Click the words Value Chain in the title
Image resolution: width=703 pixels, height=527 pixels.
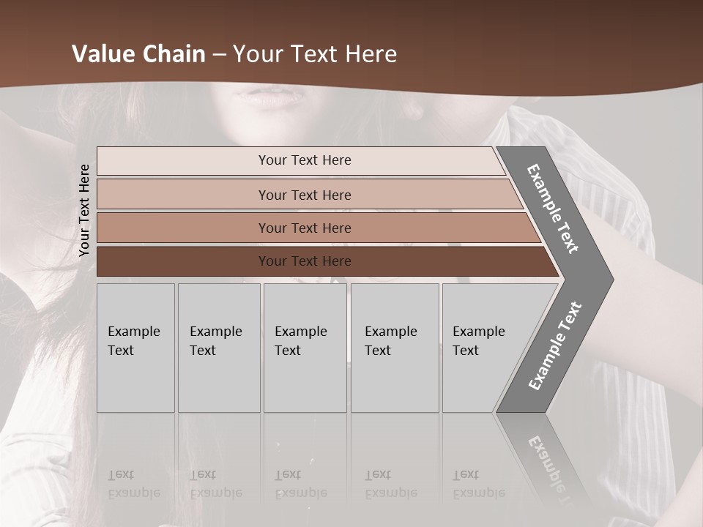[x=138, y=54]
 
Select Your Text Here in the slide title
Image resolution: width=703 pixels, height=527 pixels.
[x=315, y=54]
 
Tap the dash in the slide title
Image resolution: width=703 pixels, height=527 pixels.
[x=219, y=55]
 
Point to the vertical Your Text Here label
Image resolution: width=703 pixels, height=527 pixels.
[x=84, y=210]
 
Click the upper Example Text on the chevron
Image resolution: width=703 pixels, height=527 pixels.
[x=553, y=208]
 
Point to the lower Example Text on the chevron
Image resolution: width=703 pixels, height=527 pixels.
[x=554, y=346]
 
